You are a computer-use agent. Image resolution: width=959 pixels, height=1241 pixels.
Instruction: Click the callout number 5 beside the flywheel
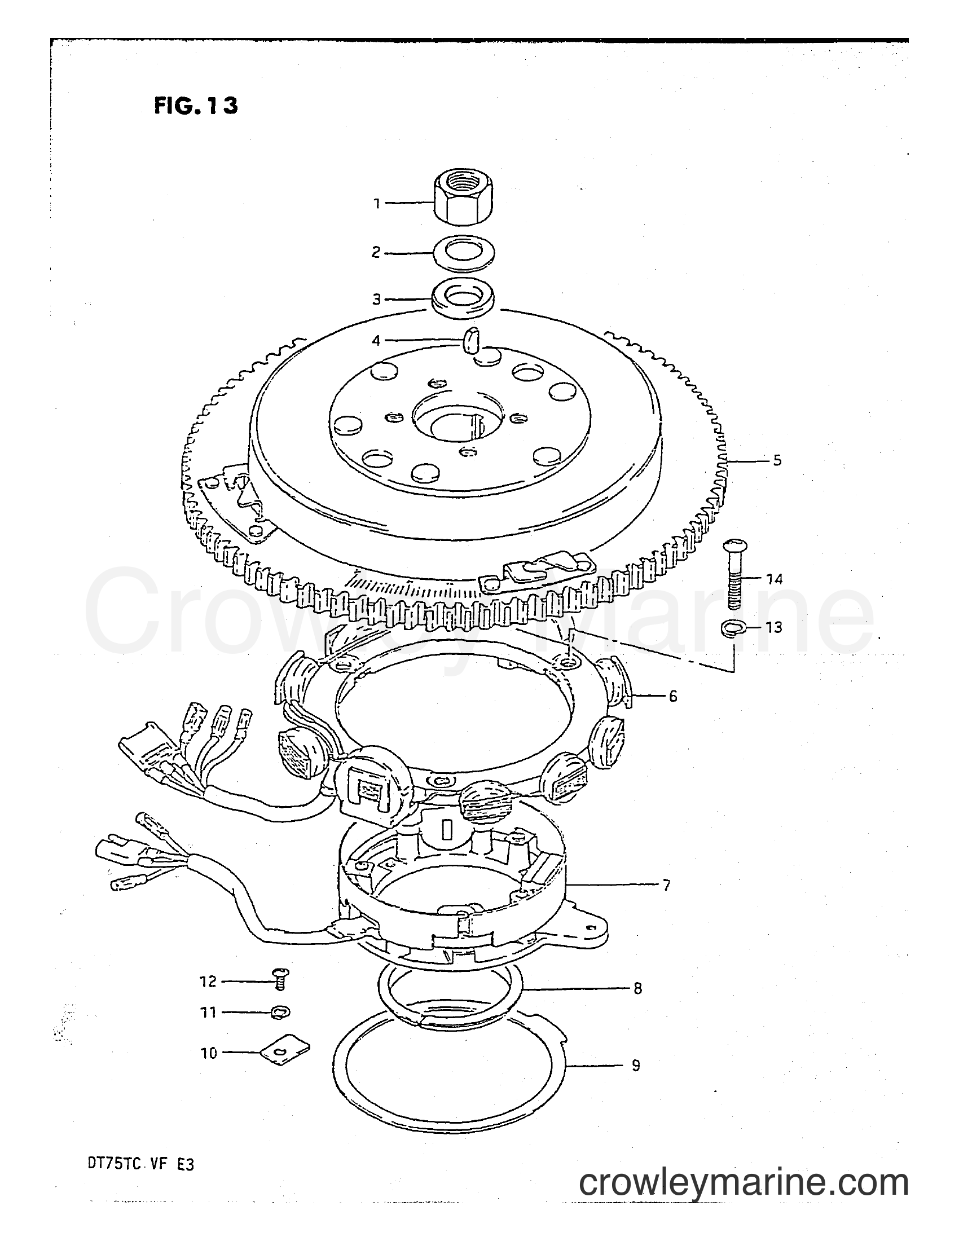pyautogui.click(x=777, y=460)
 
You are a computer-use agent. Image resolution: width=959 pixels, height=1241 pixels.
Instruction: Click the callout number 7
pyautogui.click(x=666, y=884)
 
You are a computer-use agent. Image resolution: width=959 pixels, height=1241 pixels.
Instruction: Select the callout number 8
pyautogui.click(x=637, y=988)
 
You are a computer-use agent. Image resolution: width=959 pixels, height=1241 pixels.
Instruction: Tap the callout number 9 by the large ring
pyautogui.click(x=636, y=1065)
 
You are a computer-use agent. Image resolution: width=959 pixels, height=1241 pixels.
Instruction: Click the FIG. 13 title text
pyautogui.click(x=195, y=105)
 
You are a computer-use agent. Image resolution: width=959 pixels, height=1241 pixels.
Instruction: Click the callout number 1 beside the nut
pyautogui.click(x=376, y=204)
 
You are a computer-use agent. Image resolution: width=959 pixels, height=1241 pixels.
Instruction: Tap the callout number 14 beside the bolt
pyautogui.click(x=773, y=579)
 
